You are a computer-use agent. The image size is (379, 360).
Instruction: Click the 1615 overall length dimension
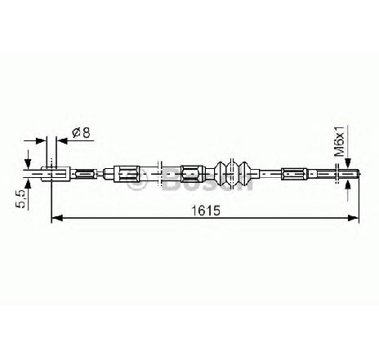[x=205, y=211]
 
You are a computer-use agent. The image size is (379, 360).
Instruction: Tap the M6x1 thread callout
[x=340, y=141]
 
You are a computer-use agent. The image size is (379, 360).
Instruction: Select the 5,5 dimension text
[x=20, y=199]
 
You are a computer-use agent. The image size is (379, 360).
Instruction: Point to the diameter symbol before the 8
[x=76, y=132]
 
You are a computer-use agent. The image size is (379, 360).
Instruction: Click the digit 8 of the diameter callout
[x=87, y=132]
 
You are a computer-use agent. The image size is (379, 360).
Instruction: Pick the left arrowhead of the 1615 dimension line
[x=57, y=218]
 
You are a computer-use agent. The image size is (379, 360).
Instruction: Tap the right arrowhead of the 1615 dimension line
[x=354, y=218]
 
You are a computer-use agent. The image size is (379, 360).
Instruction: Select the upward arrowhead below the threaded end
[x=347, y=184]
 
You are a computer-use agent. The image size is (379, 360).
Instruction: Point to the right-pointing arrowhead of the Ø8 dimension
[x=41, y=140]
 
